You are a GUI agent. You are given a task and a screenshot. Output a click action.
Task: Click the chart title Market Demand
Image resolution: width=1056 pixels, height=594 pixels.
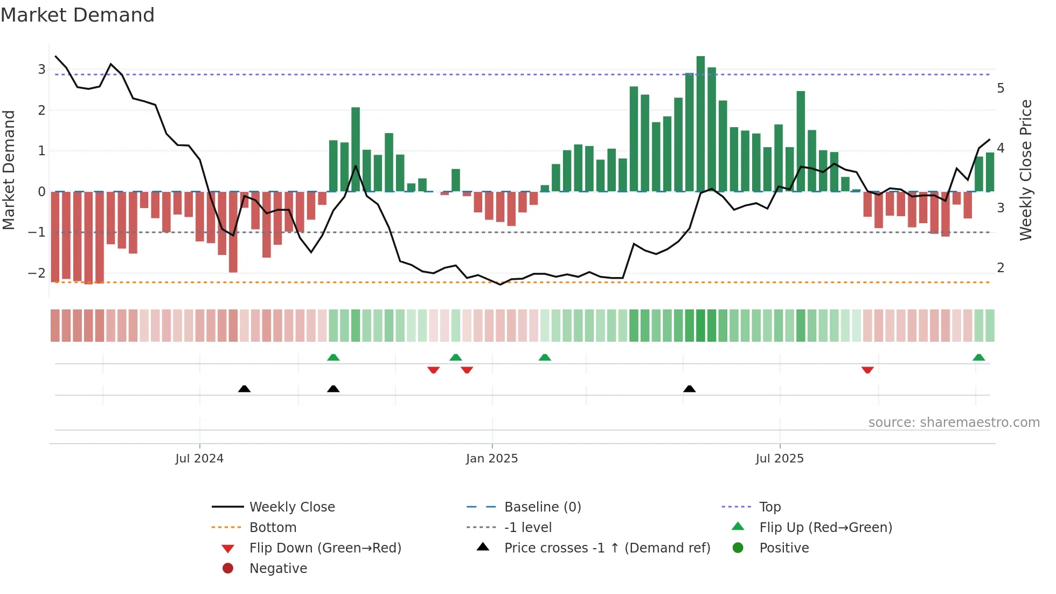[x=78, y=15]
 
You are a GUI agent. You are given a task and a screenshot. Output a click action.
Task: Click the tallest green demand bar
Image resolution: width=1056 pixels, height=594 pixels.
[x=700, y=124]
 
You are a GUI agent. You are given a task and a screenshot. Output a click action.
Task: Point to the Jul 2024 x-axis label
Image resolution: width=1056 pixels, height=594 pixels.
[x=199, y=459]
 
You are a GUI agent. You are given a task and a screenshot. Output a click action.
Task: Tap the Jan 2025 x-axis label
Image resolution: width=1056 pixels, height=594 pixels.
[x=492, y=459]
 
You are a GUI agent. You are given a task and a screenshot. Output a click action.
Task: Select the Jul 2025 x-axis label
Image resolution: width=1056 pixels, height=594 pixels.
[x=780, y=459]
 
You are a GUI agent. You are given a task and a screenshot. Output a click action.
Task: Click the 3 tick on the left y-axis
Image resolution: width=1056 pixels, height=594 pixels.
[x=41, y=70]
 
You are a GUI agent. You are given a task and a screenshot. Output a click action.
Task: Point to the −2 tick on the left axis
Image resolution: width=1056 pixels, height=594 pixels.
[x=37, y=273]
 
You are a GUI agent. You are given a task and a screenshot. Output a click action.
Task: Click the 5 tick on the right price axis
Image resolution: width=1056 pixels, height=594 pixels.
[x=1001, y=88]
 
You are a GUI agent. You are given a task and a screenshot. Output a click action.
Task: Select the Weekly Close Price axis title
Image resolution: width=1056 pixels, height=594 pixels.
[x=1026, y=170]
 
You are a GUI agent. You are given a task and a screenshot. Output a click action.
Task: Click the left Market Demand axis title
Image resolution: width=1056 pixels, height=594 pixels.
[x=9, y=170]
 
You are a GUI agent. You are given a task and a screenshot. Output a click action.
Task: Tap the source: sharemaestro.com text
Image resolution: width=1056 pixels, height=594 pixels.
[x=954, y=423]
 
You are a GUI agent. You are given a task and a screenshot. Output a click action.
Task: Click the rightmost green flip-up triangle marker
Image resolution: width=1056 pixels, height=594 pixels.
[x=979, y=357]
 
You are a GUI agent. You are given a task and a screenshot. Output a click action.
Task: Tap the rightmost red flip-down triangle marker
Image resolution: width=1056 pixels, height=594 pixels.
[x=867, y=370]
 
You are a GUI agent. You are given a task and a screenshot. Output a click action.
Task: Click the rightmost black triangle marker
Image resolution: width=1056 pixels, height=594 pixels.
[x=689, y=389]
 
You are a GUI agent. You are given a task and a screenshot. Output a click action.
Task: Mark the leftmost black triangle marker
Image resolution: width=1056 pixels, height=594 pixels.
[x=244, y=389]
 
